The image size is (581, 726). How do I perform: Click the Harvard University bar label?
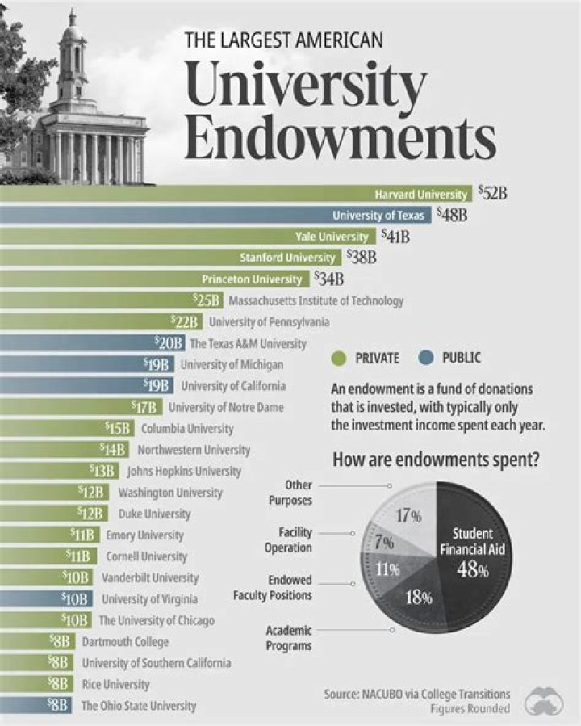click(420, 194)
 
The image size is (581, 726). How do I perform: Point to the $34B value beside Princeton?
click(328, 279)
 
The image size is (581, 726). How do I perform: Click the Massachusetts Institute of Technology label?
click(316, 300)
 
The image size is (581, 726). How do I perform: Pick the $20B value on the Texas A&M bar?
click(169, 343)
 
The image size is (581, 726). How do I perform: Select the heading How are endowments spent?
click(437, 460)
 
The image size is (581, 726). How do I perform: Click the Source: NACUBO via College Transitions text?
click(416, 694)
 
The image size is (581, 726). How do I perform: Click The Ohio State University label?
click(139, 706)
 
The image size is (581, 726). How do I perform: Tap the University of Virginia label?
click(149, 599)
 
